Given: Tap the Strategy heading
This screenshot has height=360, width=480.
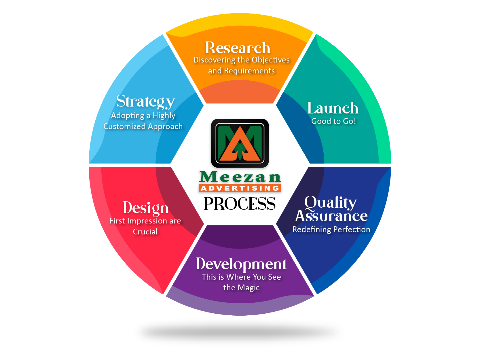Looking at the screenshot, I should coord(145,101).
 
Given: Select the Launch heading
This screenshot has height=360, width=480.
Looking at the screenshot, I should coord(333,108).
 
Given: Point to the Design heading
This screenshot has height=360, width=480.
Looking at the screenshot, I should coord(146,208).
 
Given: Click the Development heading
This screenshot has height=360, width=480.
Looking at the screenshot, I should coord(241,264).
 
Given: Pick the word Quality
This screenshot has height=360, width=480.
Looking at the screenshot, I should coord(331,202).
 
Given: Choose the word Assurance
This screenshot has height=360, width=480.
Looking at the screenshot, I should coord(331,216).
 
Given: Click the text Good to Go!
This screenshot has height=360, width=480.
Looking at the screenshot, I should coord(333,121).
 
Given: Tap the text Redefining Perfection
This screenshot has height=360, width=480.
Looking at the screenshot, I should coord(331,230).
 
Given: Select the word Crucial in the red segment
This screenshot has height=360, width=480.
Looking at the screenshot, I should coord(145,232).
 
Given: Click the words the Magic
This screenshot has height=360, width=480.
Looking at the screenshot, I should coord(241,288).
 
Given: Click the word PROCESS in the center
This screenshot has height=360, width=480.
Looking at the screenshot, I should coord(240,204).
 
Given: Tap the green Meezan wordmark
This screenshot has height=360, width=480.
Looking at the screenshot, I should coord(240,177).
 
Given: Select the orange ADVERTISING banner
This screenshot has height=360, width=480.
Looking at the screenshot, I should coord(240,188).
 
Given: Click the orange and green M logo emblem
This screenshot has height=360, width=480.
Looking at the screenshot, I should coord(240,143).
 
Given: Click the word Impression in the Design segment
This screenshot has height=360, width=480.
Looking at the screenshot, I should coord(147,221).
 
